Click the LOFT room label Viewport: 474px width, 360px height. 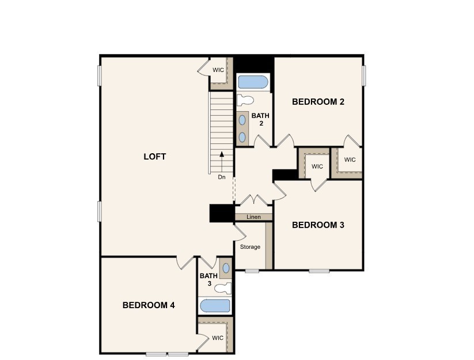[154, 157]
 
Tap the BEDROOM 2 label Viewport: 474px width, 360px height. [318, 102]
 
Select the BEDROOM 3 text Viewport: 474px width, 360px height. [318, 225]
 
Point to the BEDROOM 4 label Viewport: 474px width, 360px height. [149, 305]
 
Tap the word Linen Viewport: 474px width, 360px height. [253, 217]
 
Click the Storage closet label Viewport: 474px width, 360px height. [250, 247]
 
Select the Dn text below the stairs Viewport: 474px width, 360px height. [222, 177]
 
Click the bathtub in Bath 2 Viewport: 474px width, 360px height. [253, 82]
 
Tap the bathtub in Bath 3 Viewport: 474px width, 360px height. [214, 305]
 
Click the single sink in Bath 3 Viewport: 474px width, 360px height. [226, 268]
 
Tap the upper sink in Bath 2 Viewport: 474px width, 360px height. [242, 120]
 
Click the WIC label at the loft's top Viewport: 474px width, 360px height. [218, 70]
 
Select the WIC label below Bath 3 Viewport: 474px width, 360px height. [217, 338]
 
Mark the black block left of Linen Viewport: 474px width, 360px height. [221, 213]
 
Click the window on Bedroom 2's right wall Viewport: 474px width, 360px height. [364, 75]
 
